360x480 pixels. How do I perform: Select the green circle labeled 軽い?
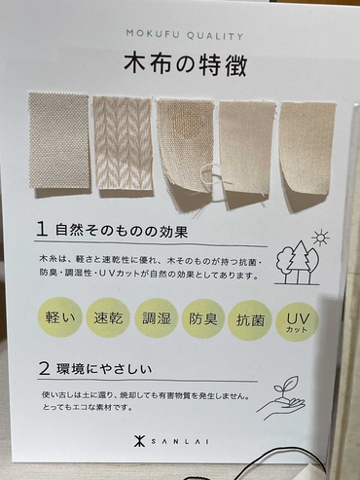click(54, 319)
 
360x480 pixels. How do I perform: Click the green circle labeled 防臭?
click(204, 319)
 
